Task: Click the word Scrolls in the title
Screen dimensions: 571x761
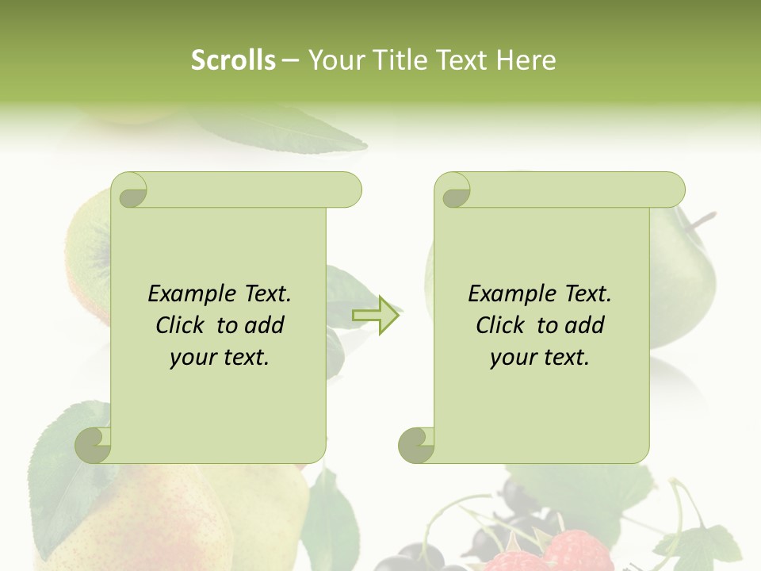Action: pyautogui.click(x=233, y=60)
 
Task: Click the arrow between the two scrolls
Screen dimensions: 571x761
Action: pyautogui.click(x=376, y=315)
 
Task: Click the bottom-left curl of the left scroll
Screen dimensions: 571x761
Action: pyautogui.click(x=93, y=445)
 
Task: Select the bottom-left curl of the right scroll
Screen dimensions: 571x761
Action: pyautogui.click(x=416, y=445)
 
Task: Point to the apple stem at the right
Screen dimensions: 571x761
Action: pyautogui.click(x=702, y=220)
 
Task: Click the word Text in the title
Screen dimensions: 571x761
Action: pyautogui.click(x=461, y=60)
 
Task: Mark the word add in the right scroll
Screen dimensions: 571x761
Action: pyautogui.click(x=583, y=326)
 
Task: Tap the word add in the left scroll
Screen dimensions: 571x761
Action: pyautogui.click(x=263, y=326)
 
